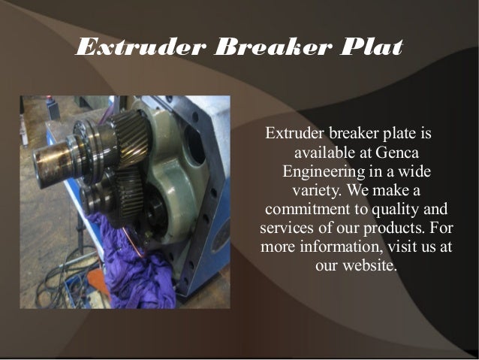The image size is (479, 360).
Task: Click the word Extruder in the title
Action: coord(140,48)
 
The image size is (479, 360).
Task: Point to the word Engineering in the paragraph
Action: coord(324,171)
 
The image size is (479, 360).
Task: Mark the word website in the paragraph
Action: coord(368,265)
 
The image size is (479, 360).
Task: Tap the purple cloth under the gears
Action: coord(131,263)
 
